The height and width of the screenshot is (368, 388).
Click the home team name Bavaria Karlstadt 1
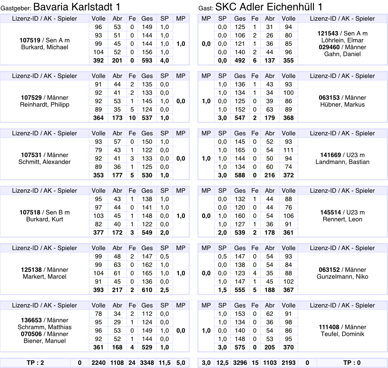[x=76, y=7]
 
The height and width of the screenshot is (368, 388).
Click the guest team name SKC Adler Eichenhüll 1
[x=268, y=7]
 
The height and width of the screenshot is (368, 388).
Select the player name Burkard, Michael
[x=44, y=47]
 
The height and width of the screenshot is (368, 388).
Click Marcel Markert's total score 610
[x=147, y=290]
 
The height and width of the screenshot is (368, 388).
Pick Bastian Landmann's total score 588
[x=240, y=175]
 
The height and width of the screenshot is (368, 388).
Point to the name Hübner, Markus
[x=343, y=105]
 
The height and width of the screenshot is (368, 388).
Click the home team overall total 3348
[x=147, y=363]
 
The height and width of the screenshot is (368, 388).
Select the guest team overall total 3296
[x=240, y=363]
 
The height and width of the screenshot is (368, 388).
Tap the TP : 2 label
[x=35, y=363]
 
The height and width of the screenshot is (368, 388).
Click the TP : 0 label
[x=352, y=363]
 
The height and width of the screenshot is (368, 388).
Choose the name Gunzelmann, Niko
[x=343, y=277]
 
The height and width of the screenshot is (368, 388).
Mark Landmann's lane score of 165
[x=240, y=150]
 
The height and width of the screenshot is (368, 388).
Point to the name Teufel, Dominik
[x=343, y=334]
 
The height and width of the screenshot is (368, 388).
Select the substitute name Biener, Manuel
[x=44, y=341]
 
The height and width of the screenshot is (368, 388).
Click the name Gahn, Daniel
[x=343, y=54]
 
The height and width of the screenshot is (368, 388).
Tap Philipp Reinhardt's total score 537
[x=147, y=118]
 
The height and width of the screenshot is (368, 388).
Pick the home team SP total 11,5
[x=165, y=363]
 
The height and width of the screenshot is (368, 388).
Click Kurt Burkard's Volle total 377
[x=99, y=233]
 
